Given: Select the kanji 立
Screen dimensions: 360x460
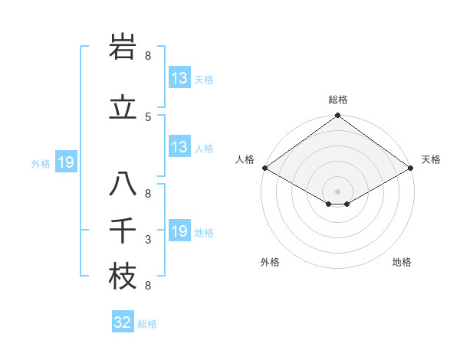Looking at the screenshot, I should coord(123,107).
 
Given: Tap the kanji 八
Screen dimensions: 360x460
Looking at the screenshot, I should coord(123,184).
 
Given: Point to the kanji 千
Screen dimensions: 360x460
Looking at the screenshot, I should coord(123,231).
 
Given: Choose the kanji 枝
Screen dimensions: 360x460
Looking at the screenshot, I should coord(123,277).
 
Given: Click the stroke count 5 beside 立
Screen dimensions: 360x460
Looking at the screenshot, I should coord(148,116).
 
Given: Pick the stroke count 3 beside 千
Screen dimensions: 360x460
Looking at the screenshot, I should coord(148,241).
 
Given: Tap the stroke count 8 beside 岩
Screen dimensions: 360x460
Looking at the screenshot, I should coord(148,55).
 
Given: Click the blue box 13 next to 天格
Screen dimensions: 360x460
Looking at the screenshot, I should coord(179,78).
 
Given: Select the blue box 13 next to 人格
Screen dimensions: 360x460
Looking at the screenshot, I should coord(179,147).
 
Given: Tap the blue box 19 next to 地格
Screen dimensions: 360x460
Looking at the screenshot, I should coord(179,231).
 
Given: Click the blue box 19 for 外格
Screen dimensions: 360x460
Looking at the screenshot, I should coord(65,162).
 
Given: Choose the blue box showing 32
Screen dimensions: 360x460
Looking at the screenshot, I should coord(123,322).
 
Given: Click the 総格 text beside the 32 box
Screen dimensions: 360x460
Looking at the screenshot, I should coord(147,324).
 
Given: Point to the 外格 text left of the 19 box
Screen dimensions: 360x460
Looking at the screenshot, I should coord(41,163).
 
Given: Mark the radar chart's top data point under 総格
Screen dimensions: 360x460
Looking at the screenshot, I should coord(337,116).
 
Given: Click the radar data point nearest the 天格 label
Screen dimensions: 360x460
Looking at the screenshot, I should coord(412,168).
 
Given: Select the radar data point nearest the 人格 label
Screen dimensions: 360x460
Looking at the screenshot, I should coord(264,168).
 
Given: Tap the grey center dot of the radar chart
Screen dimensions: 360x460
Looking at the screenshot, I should coord(337,190).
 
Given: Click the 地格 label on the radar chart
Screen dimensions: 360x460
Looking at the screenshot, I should coord(402,262).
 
